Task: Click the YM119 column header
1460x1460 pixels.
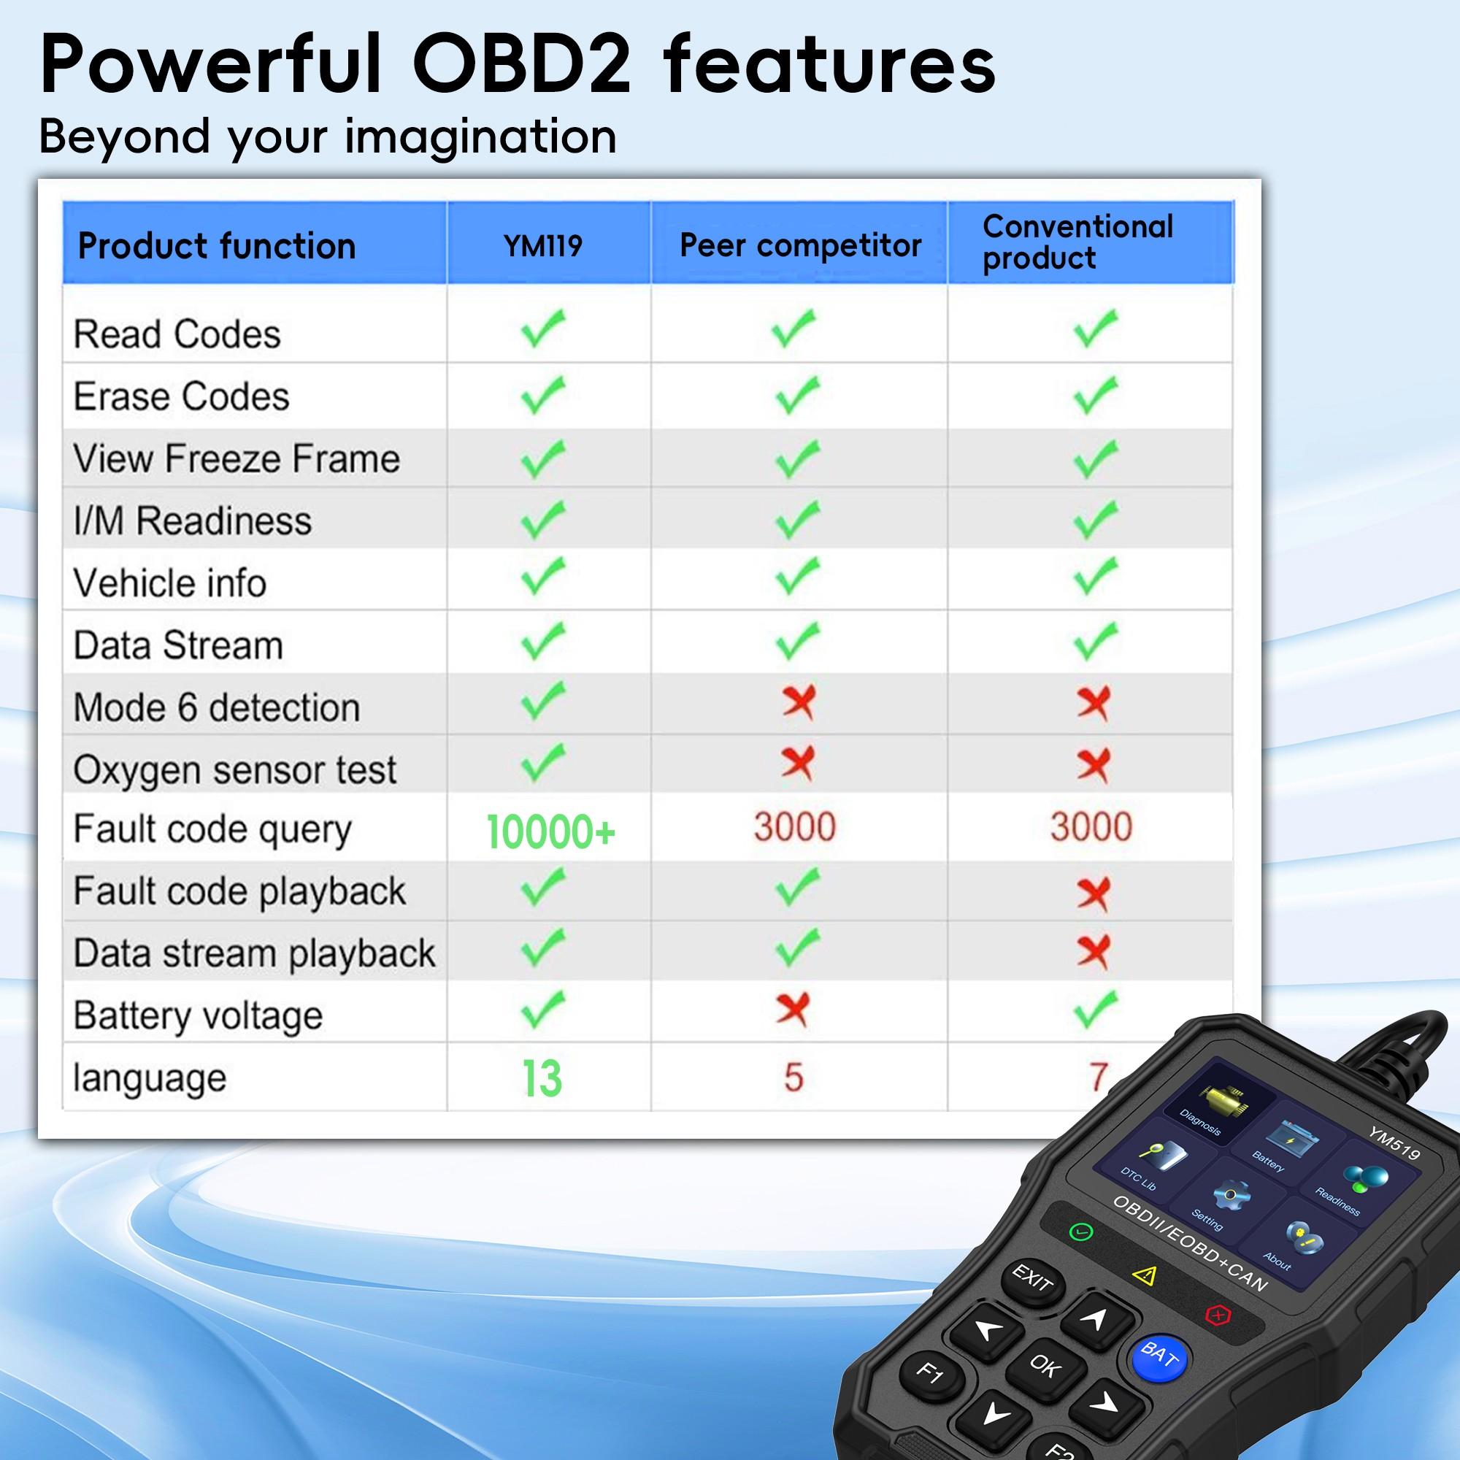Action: click(542, 245)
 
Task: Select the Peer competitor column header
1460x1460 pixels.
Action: click(799, 245)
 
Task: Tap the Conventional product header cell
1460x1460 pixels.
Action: click(1077, 242)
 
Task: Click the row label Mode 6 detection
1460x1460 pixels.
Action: click(216, 707)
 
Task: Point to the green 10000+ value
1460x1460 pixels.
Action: click(550, 831)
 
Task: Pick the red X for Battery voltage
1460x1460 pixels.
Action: click(792, 1009)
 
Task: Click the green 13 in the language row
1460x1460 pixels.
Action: click(542, 1077)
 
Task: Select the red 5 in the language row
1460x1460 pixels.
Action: click(793, 1077)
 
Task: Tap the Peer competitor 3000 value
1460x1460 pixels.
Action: click(794, 827)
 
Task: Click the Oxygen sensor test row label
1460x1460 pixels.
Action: click(234, 769)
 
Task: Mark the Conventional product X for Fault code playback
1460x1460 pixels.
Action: click(1093, 894)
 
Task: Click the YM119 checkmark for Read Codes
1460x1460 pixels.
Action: click(542, 328)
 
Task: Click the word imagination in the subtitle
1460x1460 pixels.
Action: click(480, 137)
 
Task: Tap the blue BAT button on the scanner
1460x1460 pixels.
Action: click(1159, 1354)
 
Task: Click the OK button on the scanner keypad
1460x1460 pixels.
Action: click(1045, 1366)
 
